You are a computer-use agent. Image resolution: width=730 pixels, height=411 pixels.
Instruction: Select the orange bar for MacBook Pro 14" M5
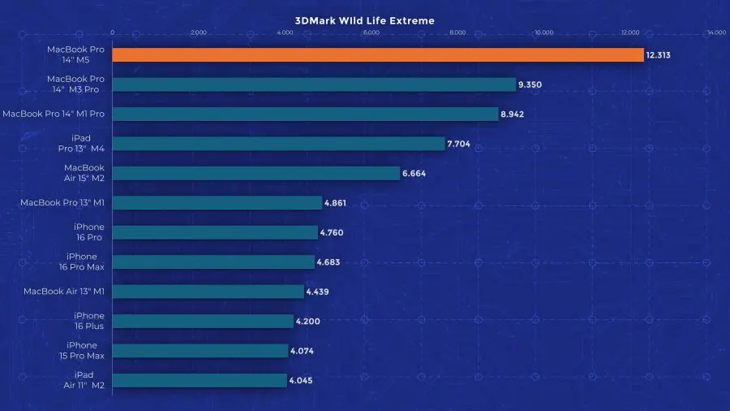(x=377, y=54)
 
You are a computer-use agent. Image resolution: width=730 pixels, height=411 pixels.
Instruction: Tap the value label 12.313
(x=662, y=55)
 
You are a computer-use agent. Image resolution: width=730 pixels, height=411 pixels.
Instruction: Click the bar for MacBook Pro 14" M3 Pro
(x=314, y=84)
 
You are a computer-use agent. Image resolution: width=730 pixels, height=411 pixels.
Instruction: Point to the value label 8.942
(x=513, y=115)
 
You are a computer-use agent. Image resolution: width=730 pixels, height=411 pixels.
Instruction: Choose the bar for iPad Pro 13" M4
(x=279, y=144)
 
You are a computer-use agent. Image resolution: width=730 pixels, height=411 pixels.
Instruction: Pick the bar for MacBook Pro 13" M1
(x=217, y=203)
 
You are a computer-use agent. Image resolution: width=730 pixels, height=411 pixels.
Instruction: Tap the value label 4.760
(x=333, y=232)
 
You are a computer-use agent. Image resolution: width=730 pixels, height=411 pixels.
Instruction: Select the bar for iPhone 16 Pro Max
(x=213, y=262)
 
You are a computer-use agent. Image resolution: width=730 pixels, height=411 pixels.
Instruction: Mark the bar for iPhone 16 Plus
(x=203, y=321)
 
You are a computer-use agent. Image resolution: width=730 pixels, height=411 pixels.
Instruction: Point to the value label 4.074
(x=302, y=351)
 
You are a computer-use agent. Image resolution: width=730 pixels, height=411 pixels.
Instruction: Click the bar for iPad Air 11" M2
(x=200, y=380)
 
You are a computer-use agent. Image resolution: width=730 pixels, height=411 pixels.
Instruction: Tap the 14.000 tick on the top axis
(x=715, y=33)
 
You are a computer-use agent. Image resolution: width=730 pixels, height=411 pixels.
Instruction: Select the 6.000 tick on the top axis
(x=371, y=33)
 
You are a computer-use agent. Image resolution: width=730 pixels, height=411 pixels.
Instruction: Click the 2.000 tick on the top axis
(x=198, y=33)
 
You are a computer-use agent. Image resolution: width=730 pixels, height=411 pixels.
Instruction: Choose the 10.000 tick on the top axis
(x=543, y=33)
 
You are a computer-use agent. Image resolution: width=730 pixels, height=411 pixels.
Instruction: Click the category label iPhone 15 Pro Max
(x=84, y=351)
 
